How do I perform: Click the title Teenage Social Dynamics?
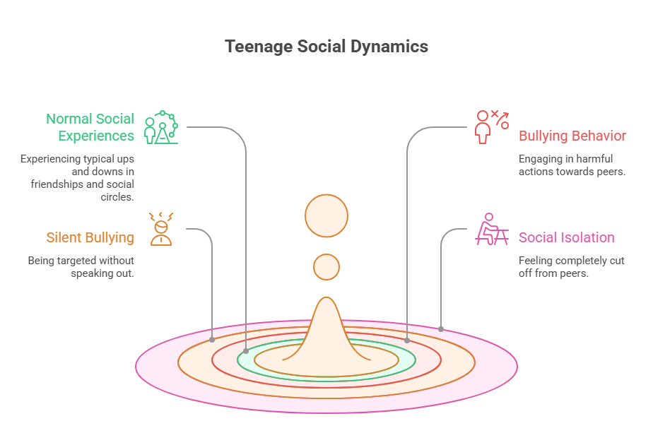click(x=326, y=47)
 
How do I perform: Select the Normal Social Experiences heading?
click(x=90, y=127)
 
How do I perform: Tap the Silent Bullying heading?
click(x=90, y=237)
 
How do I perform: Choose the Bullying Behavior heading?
click(x=572, y=136)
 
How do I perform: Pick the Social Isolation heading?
click(x=566, y=237)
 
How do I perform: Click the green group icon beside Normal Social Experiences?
click(x=161, y=127)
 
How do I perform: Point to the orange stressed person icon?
click(x=161, y=229)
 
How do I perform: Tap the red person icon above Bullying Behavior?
click(x=492, y=126)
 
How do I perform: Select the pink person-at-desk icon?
click(x=491, y=229)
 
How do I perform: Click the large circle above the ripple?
click(x=326, y=215)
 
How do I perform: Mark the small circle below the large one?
click(x=326, y=266)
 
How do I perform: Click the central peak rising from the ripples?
click(x=326, y=332)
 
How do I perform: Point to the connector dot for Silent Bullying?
click(x=212, y=340)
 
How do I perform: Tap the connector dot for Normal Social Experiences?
click(x=246, y=350)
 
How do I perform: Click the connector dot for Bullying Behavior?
click(x=407, y=340)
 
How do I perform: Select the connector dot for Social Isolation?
click(x=441, y=328)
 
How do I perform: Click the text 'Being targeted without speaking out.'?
click(x=81, y=266)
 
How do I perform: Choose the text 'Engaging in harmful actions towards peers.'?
click(x=572, y=165)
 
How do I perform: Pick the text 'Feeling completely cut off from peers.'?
click(x=571, y=266)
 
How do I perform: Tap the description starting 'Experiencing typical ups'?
click(x=77, y=177)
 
